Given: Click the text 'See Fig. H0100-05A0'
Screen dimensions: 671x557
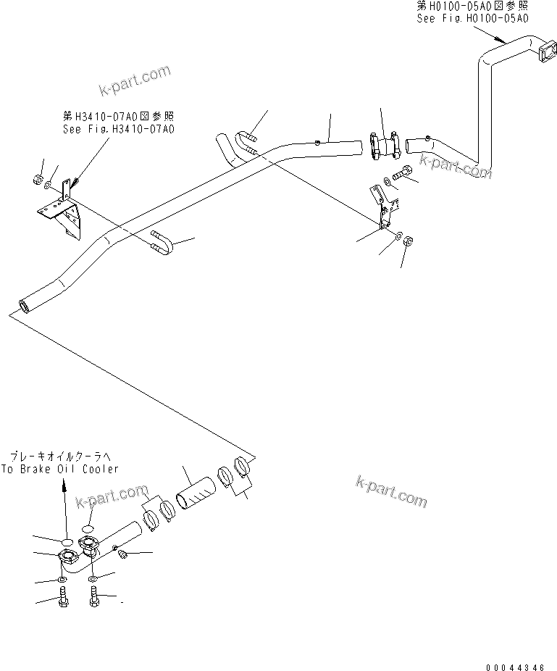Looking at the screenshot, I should pyautogui.click(x=472, y=20).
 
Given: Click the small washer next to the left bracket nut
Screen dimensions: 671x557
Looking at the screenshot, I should pyautogui.click(x=47, y=185).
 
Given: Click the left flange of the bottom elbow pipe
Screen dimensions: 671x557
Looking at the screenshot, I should pyautogui.click(x=66, y=559).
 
